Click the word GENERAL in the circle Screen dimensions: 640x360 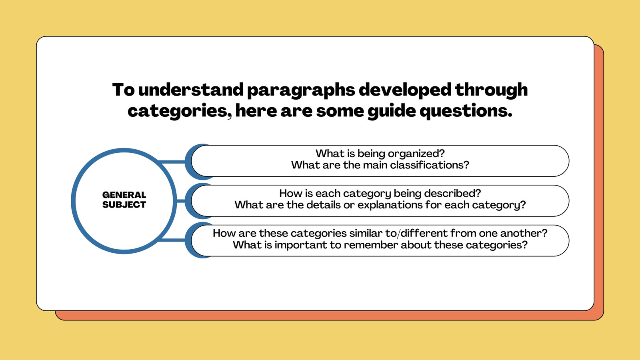point(124,195)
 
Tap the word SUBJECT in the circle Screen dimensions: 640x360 point(124,204)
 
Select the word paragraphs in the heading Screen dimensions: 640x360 point(301,90)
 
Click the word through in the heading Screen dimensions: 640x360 point(491,90)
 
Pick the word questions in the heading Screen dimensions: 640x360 point(466,112)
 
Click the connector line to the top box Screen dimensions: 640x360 point(172,162)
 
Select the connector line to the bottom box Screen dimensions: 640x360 point(172,240)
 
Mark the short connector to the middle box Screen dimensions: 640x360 point(181,201)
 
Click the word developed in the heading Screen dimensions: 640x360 point(405,90)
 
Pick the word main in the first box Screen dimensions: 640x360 point(376,165)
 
